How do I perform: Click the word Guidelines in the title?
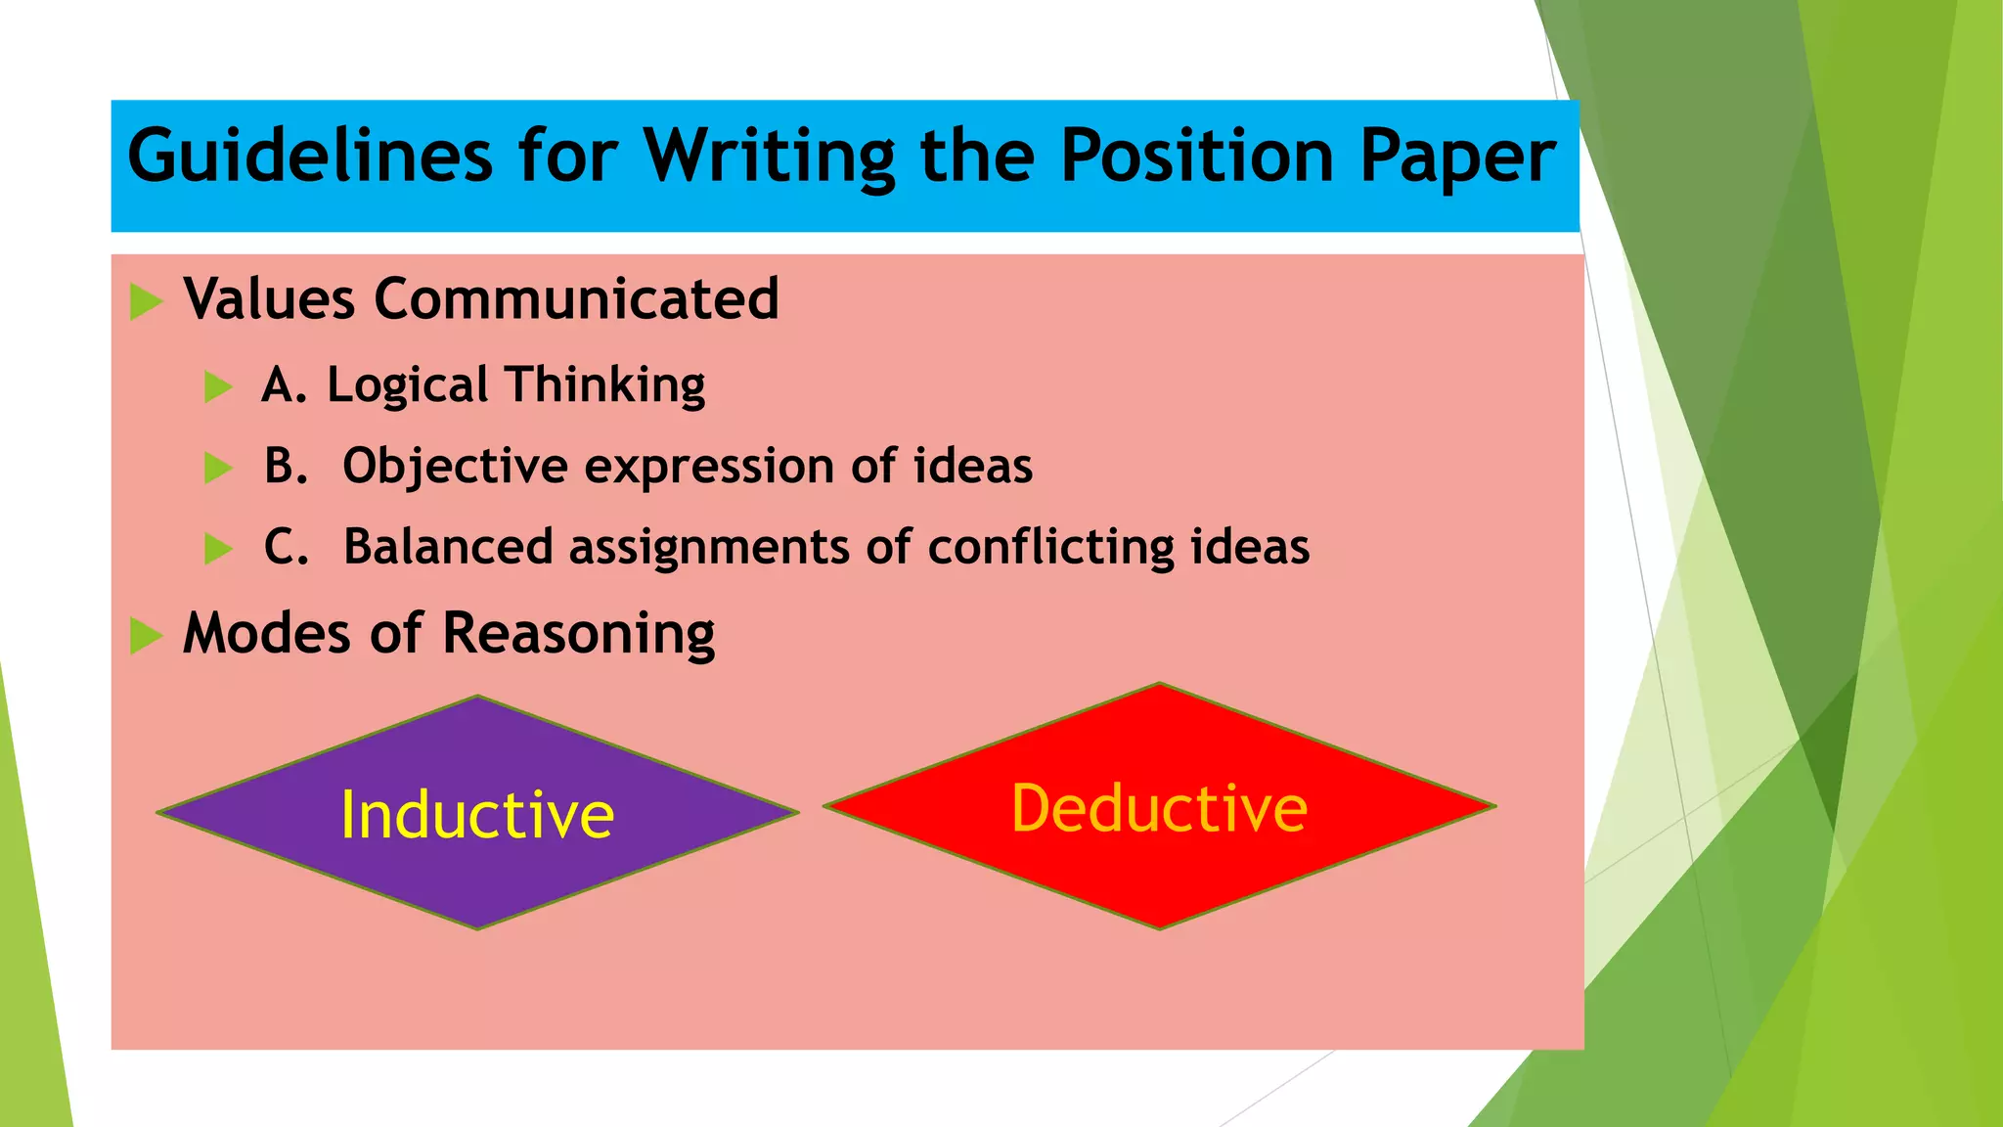[310, 157]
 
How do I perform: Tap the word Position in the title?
[1196, 157]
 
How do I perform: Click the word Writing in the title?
[769, 157]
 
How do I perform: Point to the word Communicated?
[576, 298]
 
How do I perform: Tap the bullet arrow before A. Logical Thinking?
[218, 386]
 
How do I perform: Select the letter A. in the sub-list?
[285, 384]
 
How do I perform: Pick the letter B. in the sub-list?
[286, 466]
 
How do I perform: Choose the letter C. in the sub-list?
[286, 547]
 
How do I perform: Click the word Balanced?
[448, 547]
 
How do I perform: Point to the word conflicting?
[1050, 547]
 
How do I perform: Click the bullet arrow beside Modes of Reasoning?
[146, 635]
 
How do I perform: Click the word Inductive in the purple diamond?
[477, 815]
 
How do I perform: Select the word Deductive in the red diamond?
[1159, 808]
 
